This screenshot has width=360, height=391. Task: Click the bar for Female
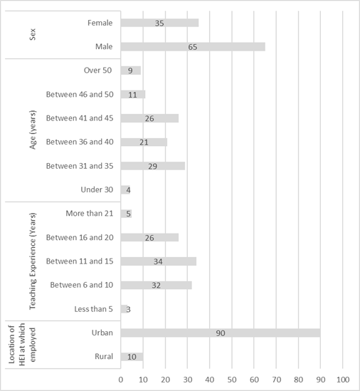click(x=159, y=23)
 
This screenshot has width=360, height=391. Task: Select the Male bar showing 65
click(x=193, y=46)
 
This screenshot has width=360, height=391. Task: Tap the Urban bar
click(x=221, y=333)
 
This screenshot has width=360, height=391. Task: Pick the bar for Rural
click(x=132, y=357)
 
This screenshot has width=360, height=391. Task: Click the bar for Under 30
click(x=125, y=189)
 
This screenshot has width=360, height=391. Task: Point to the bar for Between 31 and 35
click(x=153, y=166)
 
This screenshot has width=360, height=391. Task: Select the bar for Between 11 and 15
click(x=159, y=261)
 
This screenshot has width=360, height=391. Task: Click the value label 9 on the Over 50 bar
click(x=130, y=71)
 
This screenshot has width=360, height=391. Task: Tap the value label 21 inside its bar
click(x=144, y=142)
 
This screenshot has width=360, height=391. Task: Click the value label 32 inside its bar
click(x=157, y=286)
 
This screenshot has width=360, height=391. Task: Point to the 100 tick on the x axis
click(x=343, y=380)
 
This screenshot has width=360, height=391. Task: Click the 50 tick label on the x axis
click(x=232, y=380)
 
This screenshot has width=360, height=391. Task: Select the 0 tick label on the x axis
click(x=121, y=380)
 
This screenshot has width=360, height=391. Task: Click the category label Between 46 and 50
click(x=80, y=94)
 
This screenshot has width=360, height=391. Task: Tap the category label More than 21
click(x=90, y=214)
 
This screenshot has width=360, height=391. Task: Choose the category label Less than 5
click(x=94, y=309)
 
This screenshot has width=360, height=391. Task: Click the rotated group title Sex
click(x=33, y=34)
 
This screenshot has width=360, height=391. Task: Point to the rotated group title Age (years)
click(x=33, y=130)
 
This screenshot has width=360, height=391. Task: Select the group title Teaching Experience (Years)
click(x=33, y=261)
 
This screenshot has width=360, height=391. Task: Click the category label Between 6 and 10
click(x=82, y=285)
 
